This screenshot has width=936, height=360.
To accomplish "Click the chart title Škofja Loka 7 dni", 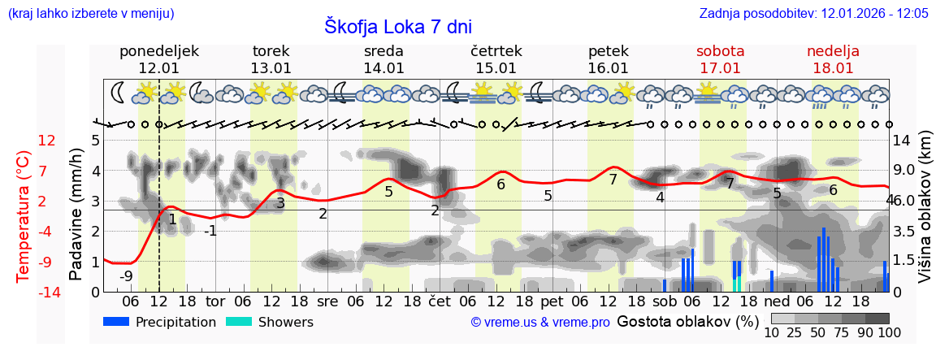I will click(x=398, y=26).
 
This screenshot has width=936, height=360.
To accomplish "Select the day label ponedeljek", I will click(x=159, y=51).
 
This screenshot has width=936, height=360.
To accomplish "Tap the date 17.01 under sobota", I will click(x=720, y=68).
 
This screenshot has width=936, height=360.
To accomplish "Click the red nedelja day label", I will click(x=833, y=51).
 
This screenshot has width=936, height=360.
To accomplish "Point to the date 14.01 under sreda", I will click(x=383, y=68).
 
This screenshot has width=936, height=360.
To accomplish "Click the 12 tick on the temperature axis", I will click(x=46, y=141).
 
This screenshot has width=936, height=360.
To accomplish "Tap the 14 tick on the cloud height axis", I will click(x=901, y=141).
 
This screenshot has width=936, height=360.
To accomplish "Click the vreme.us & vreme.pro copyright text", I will click(x=539, y=323).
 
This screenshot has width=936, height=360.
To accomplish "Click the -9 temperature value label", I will click(x=126, y=276).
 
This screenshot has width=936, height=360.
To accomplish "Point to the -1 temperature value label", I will click(x=210, y=231).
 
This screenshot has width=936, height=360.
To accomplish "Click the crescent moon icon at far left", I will click(x=119, y=93).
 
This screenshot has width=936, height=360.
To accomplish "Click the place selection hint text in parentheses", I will click(x=90, y=14).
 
